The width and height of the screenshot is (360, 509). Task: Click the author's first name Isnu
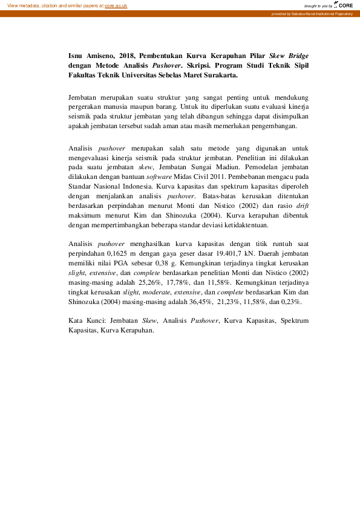click(x=76, y=54)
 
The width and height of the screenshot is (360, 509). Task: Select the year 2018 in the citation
click(x=126, y=54)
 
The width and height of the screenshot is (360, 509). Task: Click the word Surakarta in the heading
click(x=221, y=76)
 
